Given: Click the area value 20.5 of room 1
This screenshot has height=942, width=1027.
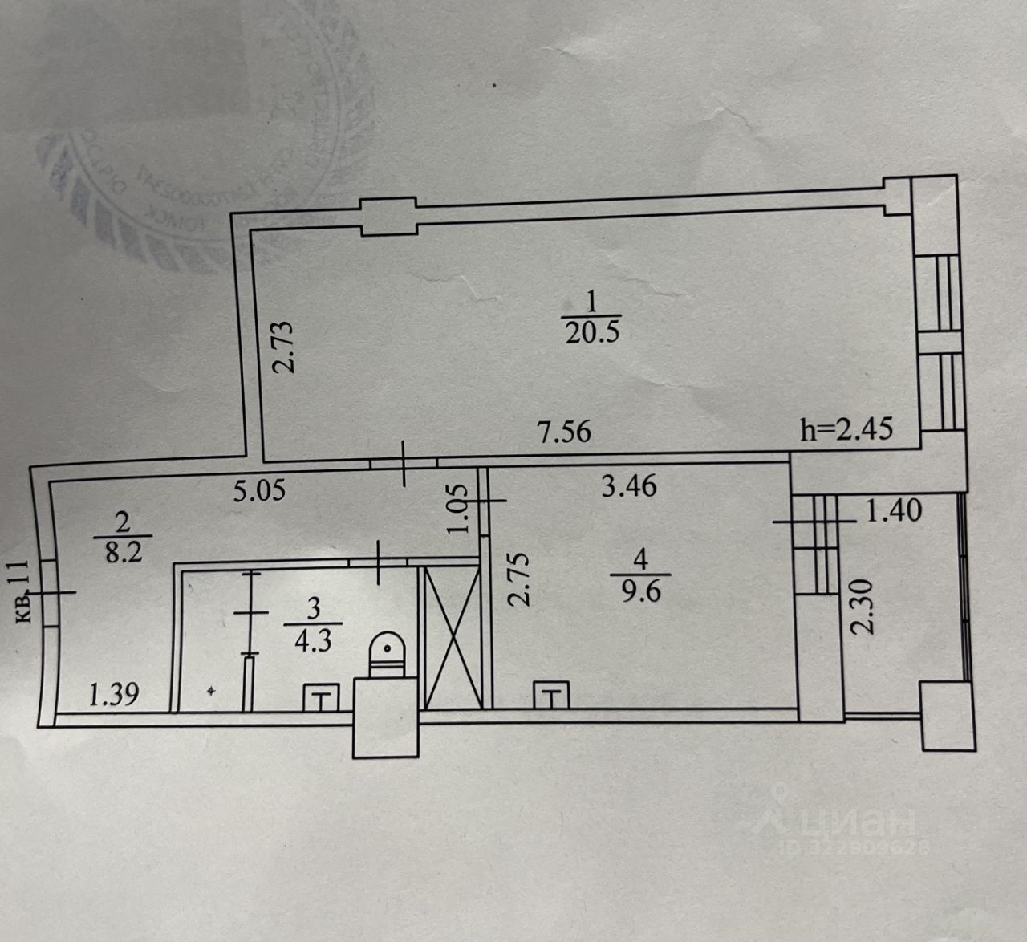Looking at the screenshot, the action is coord(592,332).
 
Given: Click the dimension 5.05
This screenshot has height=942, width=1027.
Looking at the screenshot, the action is coord(259,490).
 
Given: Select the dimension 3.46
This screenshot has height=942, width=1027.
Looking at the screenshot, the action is coord(629,485).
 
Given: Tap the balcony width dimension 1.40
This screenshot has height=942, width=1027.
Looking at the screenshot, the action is coord(895,510).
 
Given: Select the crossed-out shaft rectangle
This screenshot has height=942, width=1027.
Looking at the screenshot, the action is coord(452,637).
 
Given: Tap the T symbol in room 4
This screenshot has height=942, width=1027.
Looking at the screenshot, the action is coord(551,696).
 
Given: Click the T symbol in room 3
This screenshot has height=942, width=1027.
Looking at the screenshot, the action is coord(321,699).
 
